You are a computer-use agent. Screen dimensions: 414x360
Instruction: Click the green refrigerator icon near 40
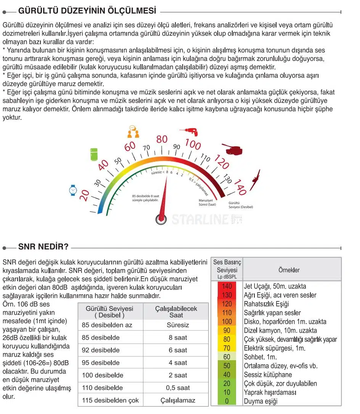pos(94,154)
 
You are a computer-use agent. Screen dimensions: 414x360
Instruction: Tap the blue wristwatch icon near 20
pos(73,190)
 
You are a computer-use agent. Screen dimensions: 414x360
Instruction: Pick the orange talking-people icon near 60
pos(132,132)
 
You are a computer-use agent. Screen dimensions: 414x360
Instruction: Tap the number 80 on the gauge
pos(162,139)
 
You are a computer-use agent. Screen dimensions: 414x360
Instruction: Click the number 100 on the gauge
pos(193,145)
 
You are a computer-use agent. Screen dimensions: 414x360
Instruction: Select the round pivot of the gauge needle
pos(161,219)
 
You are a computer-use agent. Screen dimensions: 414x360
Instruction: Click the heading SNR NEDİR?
pos(43,247)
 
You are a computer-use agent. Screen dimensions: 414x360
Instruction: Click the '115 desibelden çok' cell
pos(110,401)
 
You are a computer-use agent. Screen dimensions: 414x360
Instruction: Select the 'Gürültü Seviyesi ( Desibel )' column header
pos(110,312)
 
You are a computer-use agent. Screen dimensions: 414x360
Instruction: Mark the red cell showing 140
pos(227,286)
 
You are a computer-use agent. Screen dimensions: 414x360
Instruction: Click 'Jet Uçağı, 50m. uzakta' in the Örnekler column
pos(275,286)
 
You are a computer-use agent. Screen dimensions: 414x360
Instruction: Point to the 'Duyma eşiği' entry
pos(261,401)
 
